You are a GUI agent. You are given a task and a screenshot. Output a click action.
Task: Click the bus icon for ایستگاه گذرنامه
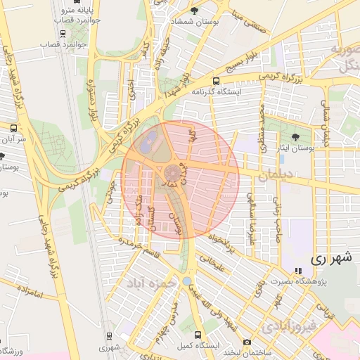click(216, 80)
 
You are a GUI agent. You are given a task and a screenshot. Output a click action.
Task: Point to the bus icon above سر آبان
click(13, 128)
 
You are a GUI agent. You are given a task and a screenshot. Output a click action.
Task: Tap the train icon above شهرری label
click(109, 336)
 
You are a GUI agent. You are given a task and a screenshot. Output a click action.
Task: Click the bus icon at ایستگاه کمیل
click(198, 336)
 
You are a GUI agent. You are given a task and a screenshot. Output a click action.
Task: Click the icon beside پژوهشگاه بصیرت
click(297, 271)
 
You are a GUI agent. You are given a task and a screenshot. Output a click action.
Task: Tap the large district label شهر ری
click(330, 258)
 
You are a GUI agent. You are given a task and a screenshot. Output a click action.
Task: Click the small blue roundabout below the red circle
click(186, 281)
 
